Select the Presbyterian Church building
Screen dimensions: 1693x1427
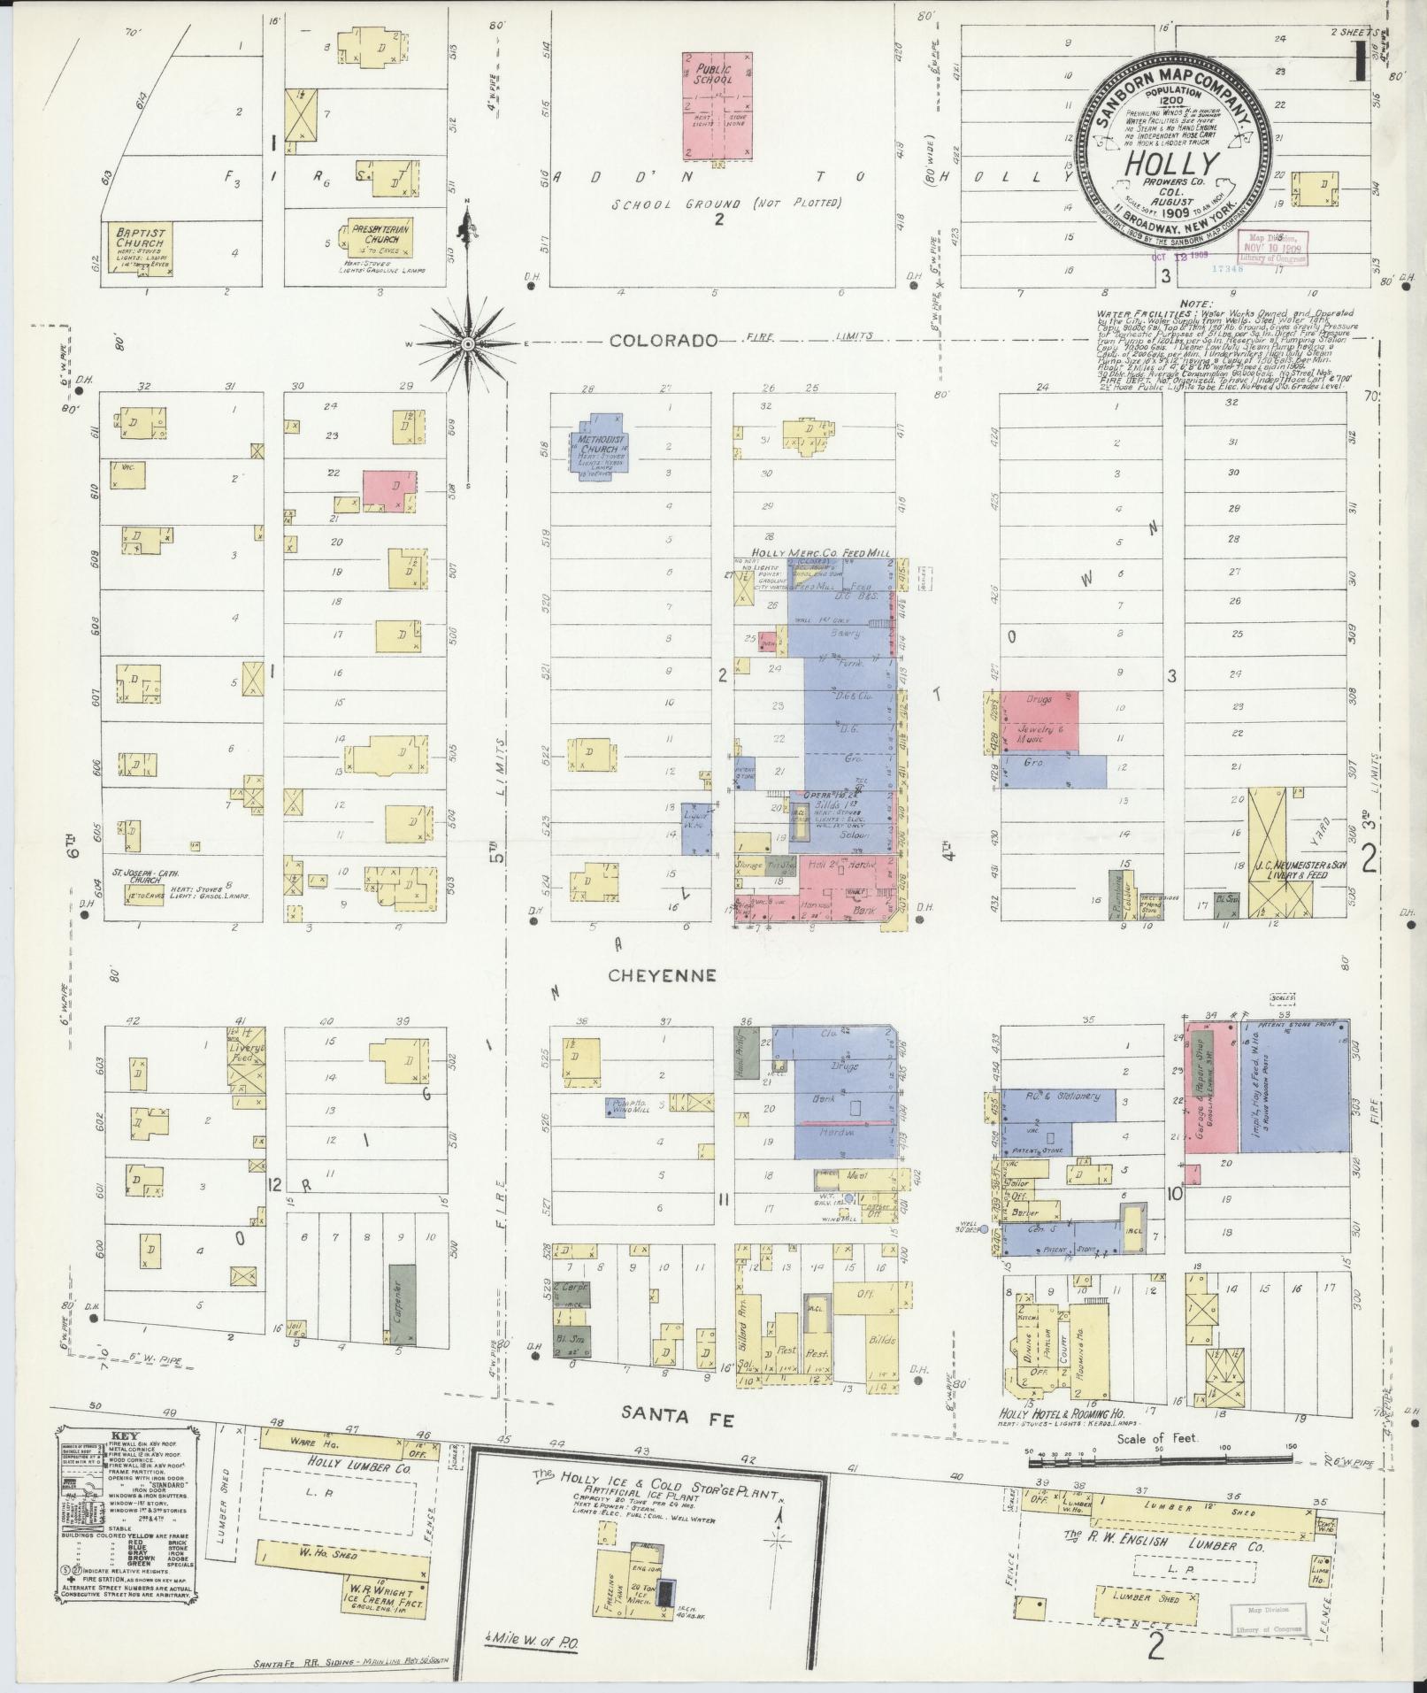pyautogui.click(x=380, y=238)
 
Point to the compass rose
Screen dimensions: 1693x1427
pyautogui.click(x=468, y=342)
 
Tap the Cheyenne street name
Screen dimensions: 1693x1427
pyautogui.click(x=662, y=974)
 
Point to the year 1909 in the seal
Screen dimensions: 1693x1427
pyautogui.click(x=1170, y=213)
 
